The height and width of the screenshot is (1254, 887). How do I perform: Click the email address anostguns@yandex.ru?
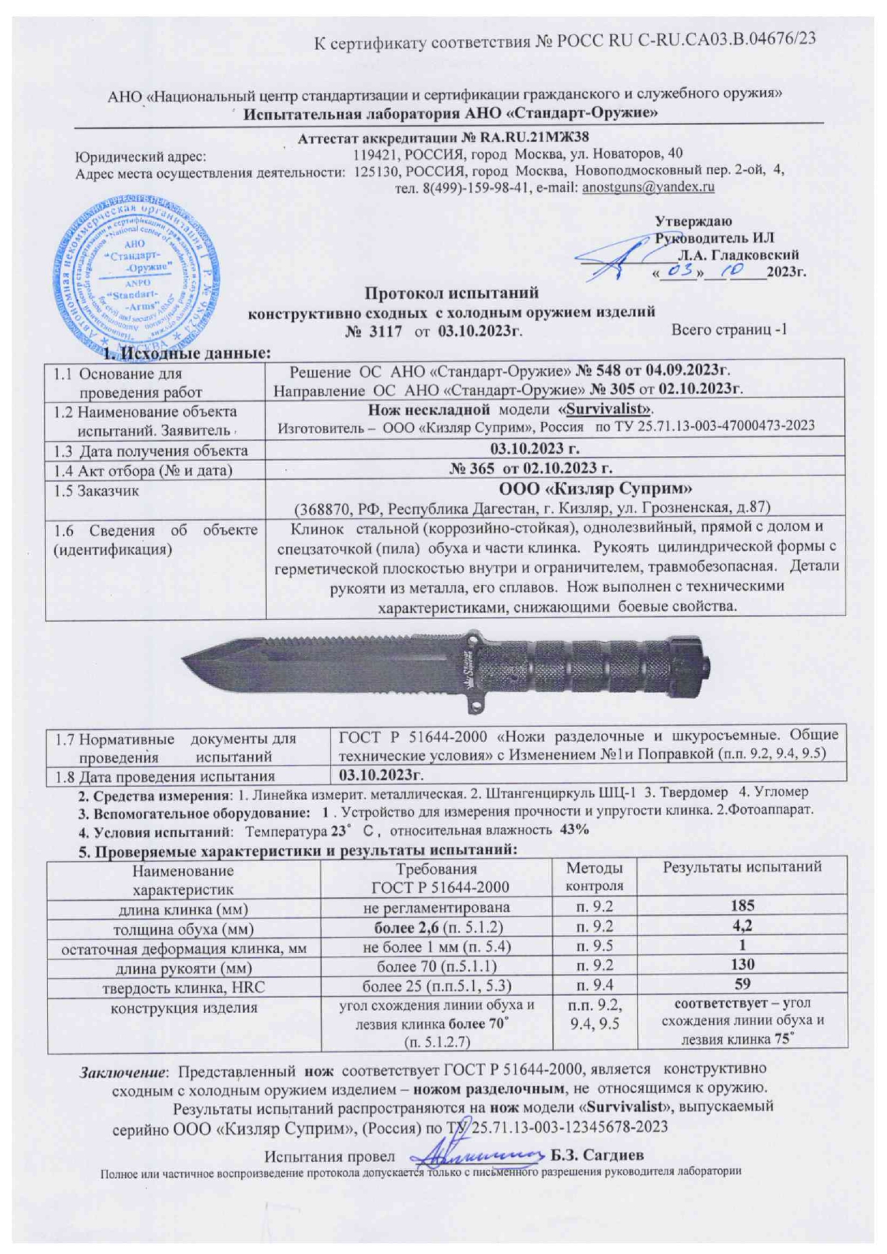coord(648,187)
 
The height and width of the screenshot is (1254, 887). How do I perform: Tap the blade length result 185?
coord(742,906)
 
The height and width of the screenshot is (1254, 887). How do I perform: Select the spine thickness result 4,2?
coord(742,926)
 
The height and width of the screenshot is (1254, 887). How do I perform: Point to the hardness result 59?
coord(742,985)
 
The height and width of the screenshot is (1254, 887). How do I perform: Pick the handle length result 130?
coord(742,965)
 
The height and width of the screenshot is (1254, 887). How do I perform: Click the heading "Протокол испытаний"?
coord(451,293)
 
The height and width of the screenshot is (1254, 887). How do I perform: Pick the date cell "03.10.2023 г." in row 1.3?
coord(554,449)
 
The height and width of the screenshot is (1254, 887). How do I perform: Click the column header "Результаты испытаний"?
coord(742,868)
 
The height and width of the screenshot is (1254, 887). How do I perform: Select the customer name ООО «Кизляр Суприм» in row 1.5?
coord(594,489)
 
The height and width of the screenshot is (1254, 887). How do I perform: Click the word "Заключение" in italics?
coord(123,1070)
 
